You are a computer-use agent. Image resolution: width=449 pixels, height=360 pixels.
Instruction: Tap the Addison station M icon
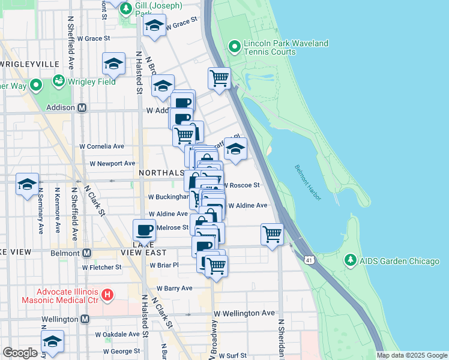coord(82,108)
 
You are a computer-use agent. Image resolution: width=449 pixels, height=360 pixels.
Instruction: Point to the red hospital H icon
coord(107,295)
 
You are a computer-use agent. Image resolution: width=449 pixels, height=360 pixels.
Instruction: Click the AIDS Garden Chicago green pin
coord(350,261)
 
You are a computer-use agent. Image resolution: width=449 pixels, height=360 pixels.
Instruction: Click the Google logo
coord(20,353)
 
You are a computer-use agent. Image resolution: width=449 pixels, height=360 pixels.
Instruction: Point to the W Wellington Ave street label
coord(244,313)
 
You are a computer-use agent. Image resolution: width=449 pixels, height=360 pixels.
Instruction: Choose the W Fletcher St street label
coord(106,267)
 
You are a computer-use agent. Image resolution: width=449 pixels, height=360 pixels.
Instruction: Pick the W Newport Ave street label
coord(112,163)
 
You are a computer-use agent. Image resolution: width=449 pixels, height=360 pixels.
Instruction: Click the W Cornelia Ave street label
coord(102,146)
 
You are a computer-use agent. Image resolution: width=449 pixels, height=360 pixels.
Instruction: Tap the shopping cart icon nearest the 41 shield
coord(272,233)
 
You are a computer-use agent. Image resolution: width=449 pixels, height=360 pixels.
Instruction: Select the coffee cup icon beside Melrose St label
coord(144,230)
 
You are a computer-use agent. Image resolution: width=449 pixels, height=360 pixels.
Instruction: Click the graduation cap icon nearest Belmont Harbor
coord(236,149)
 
